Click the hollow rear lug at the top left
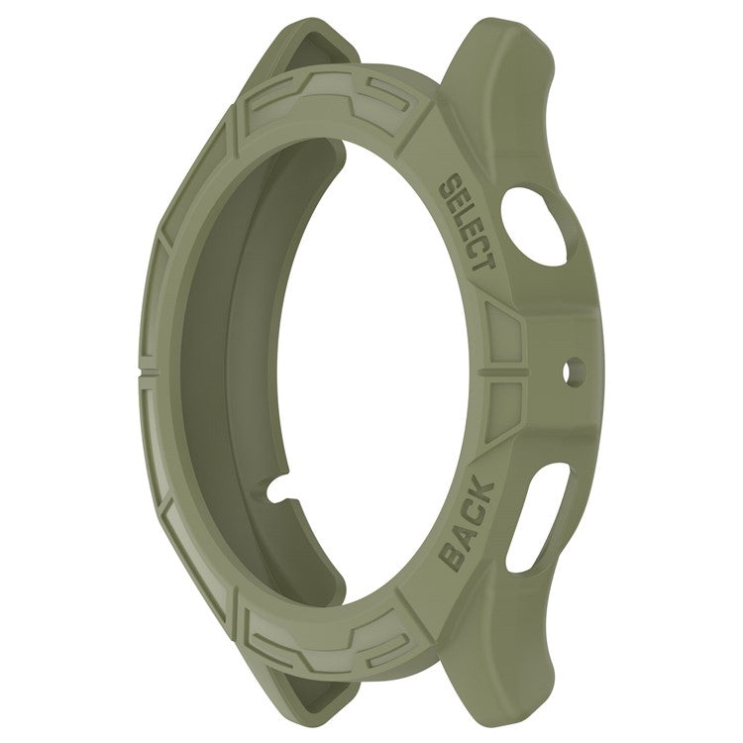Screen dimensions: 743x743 coord(317,50)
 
